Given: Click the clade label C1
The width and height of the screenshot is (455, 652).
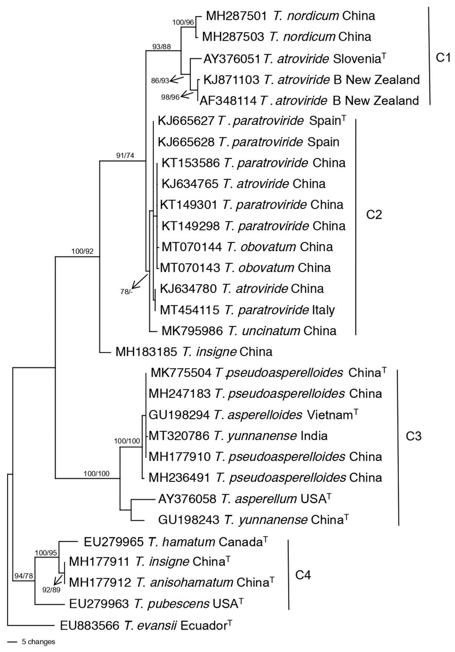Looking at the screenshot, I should (x=443, y=58).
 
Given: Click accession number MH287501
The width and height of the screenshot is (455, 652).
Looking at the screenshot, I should (x=236, y=16).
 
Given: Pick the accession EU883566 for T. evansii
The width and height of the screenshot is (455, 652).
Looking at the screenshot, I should (x=90, y=625).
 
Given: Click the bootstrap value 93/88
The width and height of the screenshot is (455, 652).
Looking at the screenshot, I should (x=161, y=46).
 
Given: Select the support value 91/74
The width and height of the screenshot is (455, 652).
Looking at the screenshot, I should (x=125, y=155).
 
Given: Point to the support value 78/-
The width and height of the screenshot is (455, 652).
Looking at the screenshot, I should (x=126, y=292).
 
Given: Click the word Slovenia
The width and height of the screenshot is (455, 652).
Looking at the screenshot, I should (x=356, y=59).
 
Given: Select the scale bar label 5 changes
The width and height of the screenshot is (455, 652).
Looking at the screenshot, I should (x=38, y=642).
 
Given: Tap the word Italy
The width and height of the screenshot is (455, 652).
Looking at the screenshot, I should (x=323, y=310).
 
